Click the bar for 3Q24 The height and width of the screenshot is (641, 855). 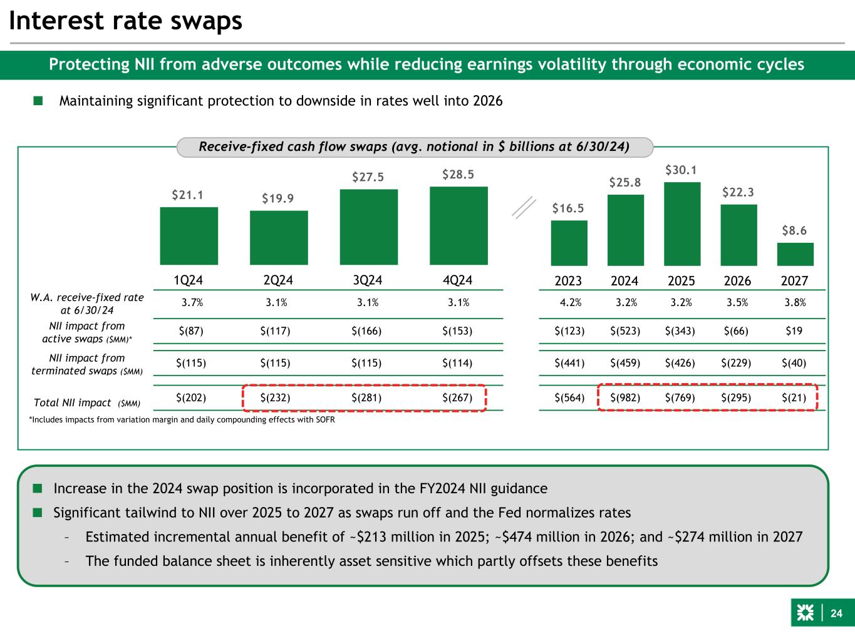[368, 227]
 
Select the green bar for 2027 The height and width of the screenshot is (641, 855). [795, 254]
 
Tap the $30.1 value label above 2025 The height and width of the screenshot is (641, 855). [681, 170]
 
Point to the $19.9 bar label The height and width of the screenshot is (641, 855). [278, 198]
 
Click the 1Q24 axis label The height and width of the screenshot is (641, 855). [189, 280]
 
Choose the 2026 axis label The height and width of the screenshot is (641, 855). [738, 281]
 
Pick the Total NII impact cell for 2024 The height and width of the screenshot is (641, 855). [625, 397]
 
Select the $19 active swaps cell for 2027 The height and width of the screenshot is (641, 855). [794, 331]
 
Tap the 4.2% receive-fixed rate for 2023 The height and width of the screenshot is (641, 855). [569, 303]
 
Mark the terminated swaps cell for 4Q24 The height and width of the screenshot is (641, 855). [457, 363]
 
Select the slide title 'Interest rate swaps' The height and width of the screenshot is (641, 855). [125, 21]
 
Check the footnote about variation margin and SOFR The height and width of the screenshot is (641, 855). [182, 419]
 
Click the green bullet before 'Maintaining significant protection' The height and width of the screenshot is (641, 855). [38, 101]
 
